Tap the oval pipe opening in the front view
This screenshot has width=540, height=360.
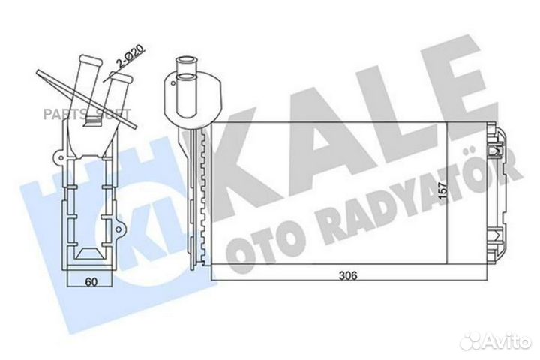click(185, 74)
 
